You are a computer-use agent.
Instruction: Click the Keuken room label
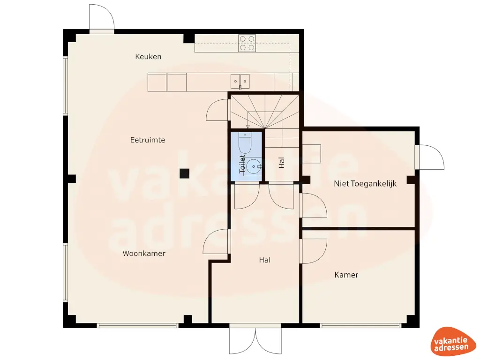tap(148, 57)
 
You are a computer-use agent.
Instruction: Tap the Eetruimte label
tap(148, 140)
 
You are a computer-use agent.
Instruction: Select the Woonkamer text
tap(144, 253)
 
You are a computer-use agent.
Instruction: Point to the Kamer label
tap(346, 275)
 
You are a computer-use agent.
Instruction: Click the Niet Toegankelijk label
tap(365, 184)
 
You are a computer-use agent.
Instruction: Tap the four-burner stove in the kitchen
tap(247, 43)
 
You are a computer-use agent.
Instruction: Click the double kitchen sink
tap(240, 81)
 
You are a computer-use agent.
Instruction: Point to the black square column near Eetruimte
tap(184, 173)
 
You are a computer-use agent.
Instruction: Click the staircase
tap(265, 112)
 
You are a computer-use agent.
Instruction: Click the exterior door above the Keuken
tap(102, 19)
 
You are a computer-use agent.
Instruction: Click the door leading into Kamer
tap(313, 251)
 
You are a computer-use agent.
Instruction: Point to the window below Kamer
tap(360, 325)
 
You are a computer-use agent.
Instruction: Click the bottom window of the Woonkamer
tap(137, 325)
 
